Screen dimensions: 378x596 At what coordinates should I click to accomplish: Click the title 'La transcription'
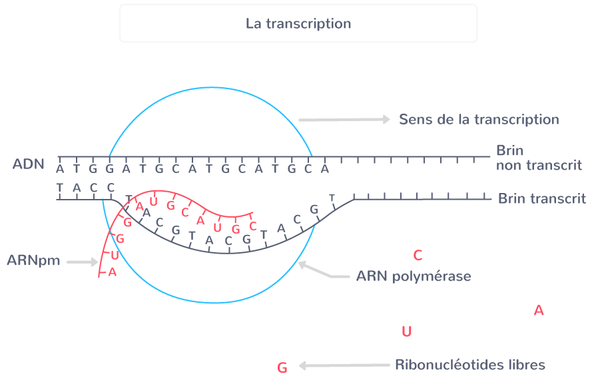pyautogui.click(x=298, y=24)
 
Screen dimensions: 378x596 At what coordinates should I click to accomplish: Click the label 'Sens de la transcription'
pyautogui.click(x=478, y=120)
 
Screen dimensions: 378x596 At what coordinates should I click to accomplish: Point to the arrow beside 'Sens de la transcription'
pyautogui.click(x=344, y=120)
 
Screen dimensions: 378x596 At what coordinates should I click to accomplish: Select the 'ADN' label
pyautogui.click(x=29, y=164)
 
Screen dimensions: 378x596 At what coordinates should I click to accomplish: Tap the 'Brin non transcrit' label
pyautogui.click(x=538, y=158)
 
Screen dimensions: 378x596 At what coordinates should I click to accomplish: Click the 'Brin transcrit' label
pyautogui.click(x=541, y=198)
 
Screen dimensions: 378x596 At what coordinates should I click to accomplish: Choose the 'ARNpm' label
pyautogui.click(x=33, y=261)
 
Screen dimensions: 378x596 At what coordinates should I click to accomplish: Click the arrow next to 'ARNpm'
pyautogui.click(x=83, y=262)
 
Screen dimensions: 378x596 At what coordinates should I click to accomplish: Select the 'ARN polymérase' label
pyautogui.click(x=413, y=276)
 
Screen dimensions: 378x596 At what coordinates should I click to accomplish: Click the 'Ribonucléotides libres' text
pyautogui.click(x=469, y=365)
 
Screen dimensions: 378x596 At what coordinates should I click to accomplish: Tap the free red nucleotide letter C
pyautogui.click(x=418, y=256)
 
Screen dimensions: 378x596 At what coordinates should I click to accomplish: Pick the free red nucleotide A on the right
pyautogui.click(x=539, y=311)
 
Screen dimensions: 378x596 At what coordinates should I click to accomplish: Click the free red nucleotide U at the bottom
pyautogui.click(x=407, y=331)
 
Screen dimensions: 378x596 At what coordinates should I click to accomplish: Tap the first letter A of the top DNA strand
pyautogui.click(x=59, y=169)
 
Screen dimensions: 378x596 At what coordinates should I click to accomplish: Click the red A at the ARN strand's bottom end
pyautogui.click(x=112, y=272)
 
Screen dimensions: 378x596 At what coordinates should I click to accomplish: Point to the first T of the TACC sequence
pyautogui.click(x=59, y=187)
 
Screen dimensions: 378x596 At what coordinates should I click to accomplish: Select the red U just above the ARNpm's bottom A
pyautogui.click(x=115, y=255)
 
